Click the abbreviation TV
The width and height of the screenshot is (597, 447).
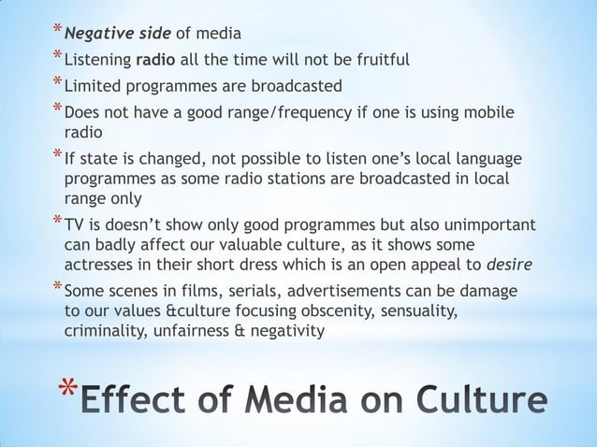tap(74, 226)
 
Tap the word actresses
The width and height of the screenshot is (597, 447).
tap(100, 264)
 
